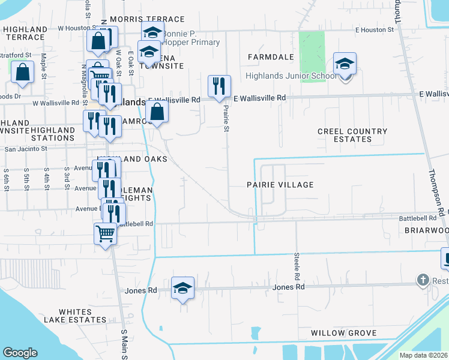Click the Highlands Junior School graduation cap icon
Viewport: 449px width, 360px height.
tap(345, 64)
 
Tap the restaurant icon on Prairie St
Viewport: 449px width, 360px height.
tap(219, 86)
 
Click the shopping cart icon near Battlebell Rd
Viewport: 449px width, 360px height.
tap(105, 233)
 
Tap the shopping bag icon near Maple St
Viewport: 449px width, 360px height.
tap(22, 72)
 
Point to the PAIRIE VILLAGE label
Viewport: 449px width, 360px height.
tap(280, 185)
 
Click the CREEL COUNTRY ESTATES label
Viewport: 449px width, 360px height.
tap(352, 135)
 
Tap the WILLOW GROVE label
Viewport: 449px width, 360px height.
tap(344, 333)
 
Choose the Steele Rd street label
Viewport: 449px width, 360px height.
tap(297, 268)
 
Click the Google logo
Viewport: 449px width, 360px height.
tap(20, 353)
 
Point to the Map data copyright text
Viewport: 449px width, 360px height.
tap(423, 355)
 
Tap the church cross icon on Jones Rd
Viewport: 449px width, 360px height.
tap(423, 280)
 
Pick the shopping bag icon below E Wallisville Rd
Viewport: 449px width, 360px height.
tap(157, 112)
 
